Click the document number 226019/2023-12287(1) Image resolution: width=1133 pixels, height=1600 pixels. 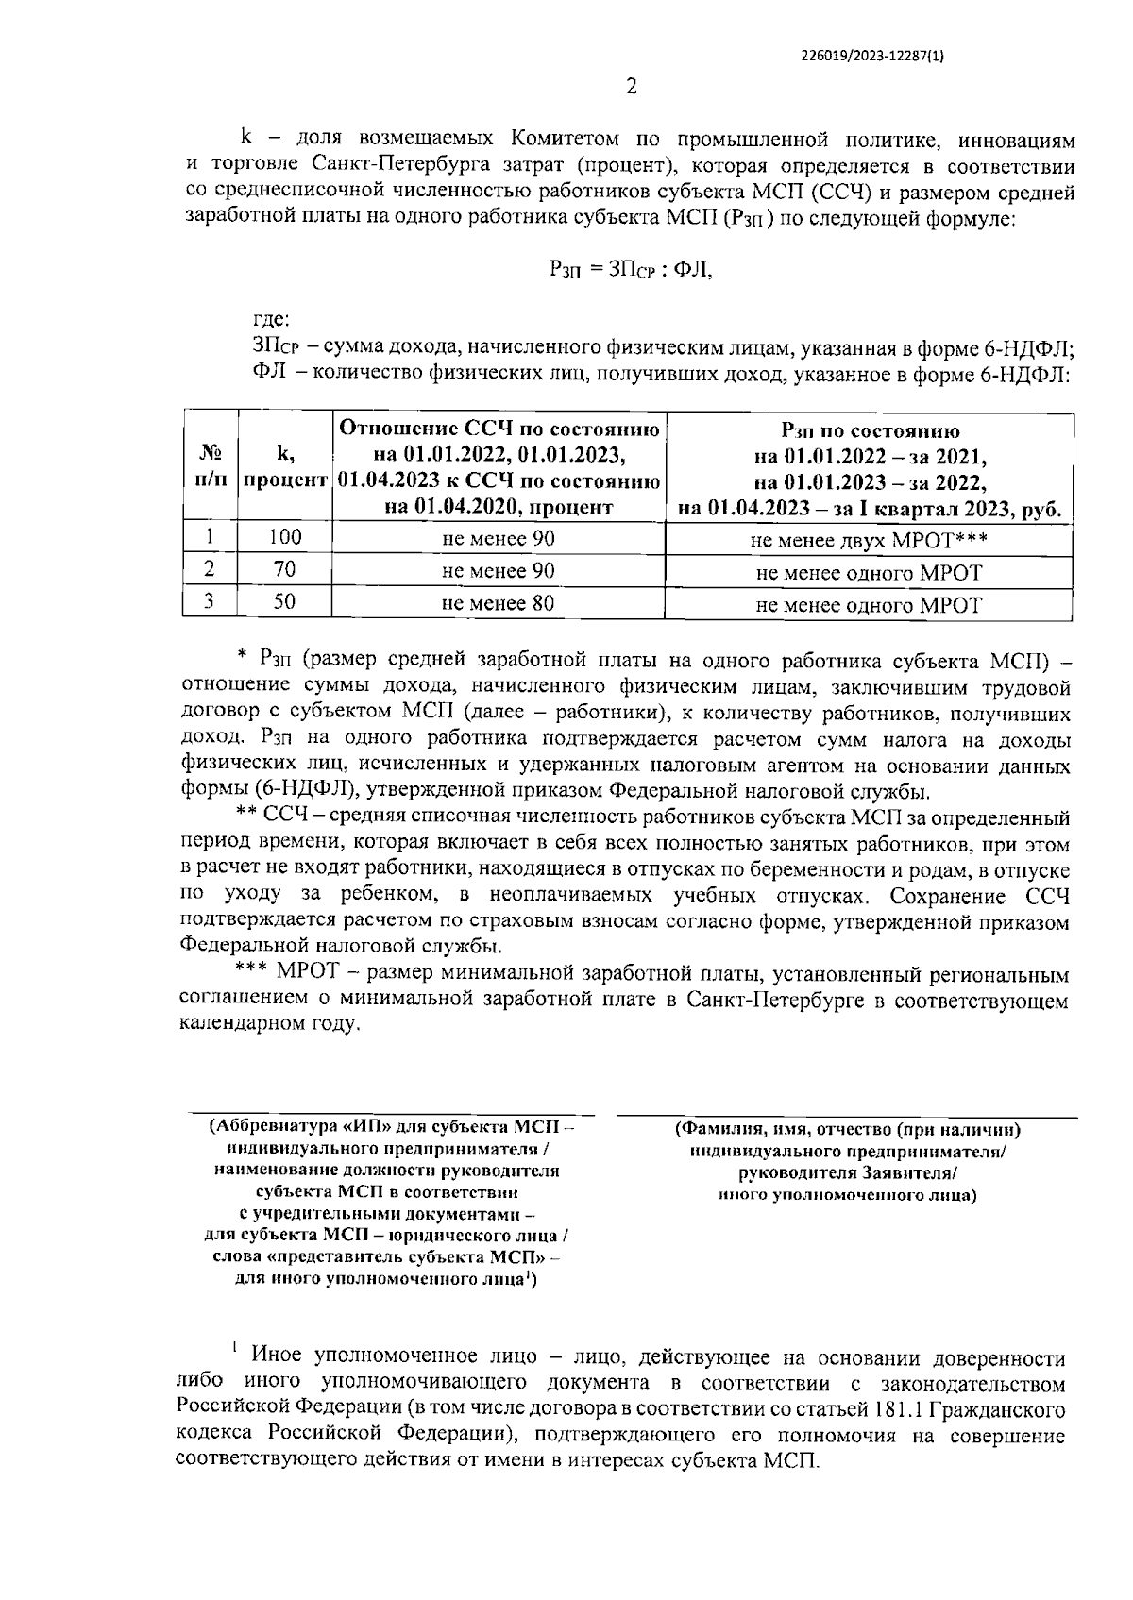[x=872, y=56]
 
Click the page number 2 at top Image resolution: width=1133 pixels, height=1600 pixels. [x=632, y=88]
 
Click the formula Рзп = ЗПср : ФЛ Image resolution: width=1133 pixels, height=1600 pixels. [x=630, y=269]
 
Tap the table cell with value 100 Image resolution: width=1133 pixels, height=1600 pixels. [x=284, y=538]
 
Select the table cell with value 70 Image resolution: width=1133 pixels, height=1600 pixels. [x=284, y=570]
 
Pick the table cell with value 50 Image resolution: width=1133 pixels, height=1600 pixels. [x=284, y=602]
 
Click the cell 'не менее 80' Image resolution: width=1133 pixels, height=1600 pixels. [x=498, y=602]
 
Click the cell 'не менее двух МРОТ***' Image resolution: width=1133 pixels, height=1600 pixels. [x=869, y=541]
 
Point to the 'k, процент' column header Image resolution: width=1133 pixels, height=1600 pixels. [x=284, y=466]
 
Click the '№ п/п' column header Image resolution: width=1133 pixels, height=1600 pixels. [x=210, y=466]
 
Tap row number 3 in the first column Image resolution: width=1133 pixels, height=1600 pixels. [x=209, y=602]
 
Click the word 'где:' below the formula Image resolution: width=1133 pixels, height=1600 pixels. [x=271, y=322]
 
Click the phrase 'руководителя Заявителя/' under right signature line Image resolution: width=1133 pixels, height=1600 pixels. [x=848, y=1174]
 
